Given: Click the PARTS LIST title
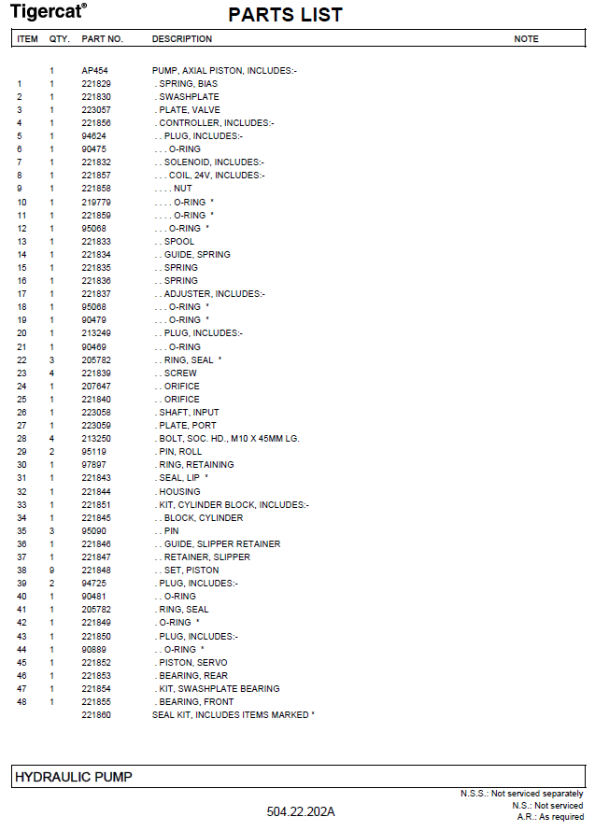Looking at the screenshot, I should point(285,15).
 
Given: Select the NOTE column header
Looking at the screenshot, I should point(526,39).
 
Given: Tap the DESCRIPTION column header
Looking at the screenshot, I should point(181,39).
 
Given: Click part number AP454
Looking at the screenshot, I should point(93,71).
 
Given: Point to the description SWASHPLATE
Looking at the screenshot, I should point(189,97).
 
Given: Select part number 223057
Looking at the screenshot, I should point(96,110).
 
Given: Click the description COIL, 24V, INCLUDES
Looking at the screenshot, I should point(216,176).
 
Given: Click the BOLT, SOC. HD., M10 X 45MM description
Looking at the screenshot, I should point(228,439).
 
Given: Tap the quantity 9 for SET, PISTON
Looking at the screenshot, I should point(52,570).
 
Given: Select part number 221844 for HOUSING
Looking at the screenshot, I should point(96,491).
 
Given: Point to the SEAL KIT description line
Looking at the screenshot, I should point(233,715).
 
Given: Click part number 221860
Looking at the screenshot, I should point(96,715).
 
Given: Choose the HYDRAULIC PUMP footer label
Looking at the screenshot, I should point(73,777).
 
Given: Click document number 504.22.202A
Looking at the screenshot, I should point(300,811).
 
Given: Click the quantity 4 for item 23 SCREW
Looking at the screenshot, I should point(52,373).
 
